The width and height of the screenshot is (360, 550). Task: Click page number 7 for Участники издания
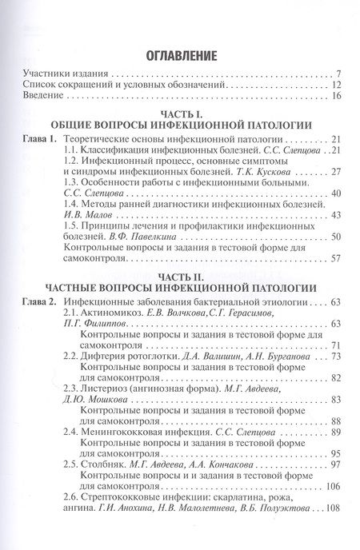[x=339, y=73]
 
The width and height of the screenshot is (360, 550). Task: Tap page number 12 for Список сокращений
[x=337, y=85]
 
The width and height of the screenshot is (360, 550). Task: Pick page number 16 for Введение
[x=337, y=97]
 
